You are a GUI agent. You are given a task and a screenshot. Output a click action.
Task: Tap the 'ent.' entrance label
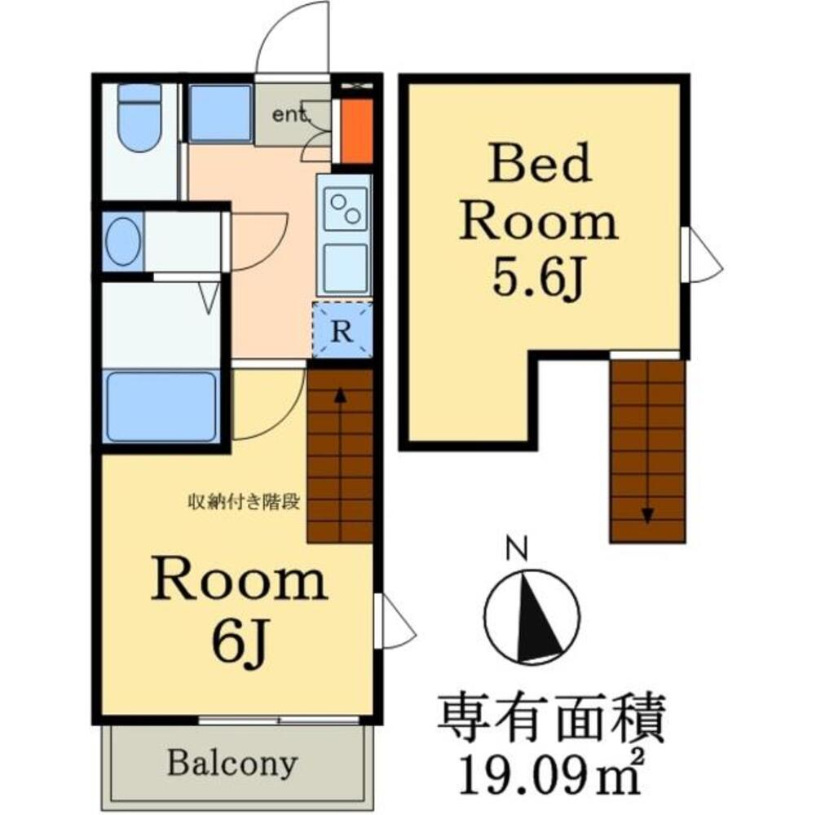tap(293, 115)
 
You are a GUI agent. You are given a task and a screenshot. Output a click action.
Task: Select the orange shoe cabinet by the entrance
tap(355, 131)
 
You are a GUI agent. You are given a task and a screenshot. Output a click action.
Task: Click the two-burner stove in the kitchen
tap(345, 207)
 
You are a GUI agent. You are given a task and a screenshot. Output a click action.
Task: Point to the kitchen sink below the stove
tap(345, 267)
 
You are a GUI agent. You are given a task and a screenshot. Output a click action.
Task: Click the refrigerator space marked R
tap(343, 331)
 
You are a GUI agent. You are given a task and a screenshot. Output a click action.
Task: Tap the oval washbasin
tap(123, 241)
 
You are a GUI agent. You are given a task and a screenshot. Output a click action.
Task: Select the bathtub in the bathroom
tap(161, 406)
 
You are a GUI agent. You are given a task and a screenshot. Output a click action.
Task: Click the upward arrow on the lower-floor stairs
tap(340, 399)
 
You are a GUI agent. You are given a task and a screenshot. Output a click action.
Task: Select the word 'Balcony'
tap(232, 764)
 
